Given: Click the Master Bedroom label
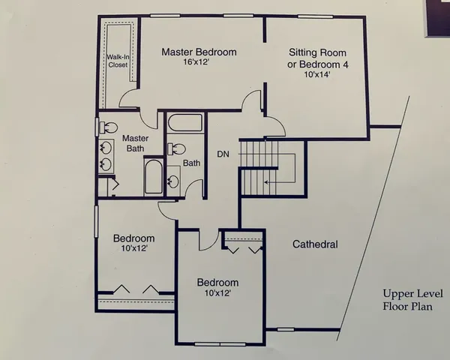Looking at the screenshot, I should pos(199,52).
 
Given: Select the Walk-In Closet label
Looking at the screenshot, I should pos(118,61).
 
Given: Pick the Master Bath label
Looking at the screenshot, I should pos(136,144).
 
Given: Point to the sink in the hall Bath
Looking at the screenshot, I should pos(174,180).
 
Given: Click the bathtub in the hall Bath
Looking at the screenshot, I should pos(184,123).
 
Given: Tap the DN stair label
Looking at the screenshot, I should pos(223,154).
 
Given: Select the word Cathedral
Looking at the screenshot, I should pos(315,244).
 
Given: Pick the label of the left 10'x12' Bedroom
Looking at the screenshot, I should pos(135,243).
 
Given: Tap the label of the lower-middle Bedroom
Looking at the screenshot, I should pos(217,288).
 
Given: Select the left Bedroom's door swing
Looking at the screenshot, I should pos(166,208).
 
